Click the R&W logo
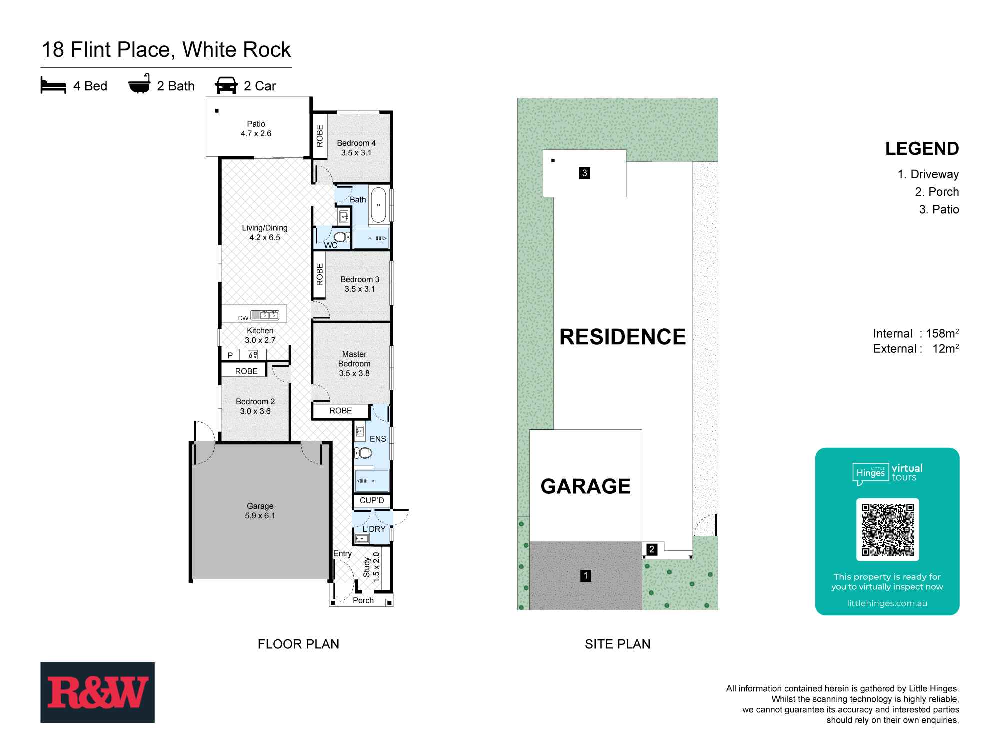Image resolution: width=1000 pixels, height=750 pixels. (97, 692)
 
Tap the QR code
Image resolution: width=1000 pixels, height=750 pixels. (887, 530)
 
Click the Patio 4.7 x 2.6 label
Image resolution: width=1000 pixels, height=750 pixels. (256, 129)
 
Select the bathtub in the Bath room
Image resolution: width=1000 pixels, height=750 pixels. (378, 205)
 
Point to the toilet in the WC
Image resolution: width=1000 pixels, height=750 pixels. (341, 237)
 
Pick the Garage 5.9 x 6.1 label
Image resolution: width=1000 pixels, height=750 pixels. (260, 511)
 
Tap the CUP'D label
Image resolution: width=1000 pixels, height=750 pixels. (372, 500)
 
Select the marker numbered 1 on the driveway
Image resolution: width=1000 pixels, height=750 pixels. (585, 576)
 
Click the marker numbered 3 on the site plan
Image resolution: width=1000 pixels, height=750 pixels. (584, 173)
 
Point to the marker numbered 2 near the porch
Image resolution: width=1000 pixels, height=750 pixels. (651, 549)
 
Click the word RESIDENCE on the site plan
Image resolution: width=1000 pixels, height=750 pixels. (622, 337)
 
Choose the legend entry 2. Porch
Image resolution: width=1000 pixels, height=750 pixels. (936, 192)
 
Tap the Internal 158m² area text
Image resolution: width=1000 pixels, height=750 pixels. (915, 334)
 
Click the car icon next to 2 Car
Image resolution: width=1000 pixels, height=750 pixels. (226, 86)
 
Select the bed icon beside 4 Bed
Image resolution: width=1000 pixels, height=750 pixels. (53, 86)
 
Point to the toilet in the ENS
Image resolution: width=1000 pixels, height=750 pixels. (363, 453)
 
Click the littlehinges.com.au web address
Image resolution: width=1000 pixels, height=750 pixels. (887, 603)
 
